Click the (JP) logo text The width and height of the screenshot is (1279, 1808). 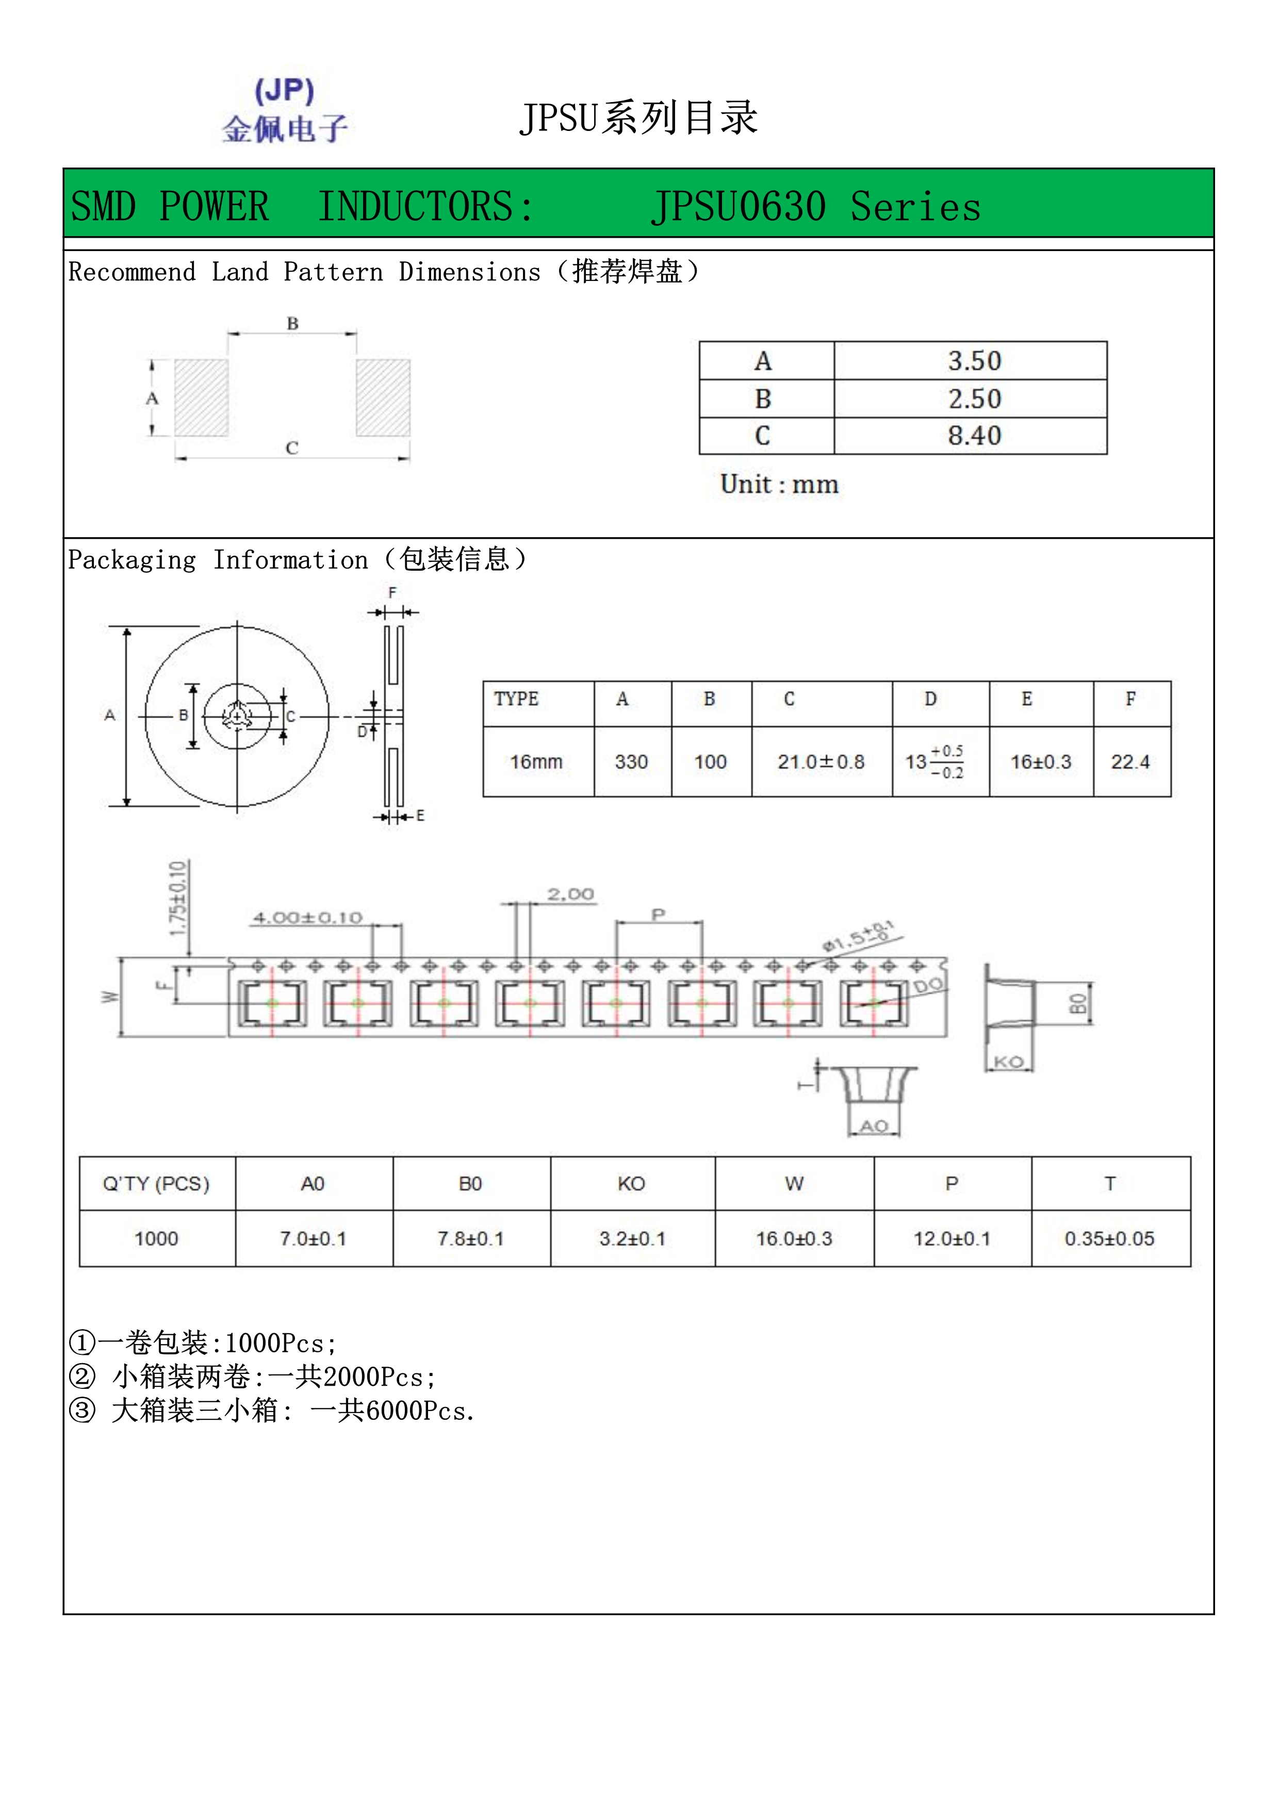(x=284, y=91)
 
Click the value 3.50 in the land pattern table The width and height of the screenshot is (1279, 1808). (x=974, y=361)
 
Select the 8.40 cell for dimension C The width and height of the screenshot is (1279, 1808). (x=974, y=436)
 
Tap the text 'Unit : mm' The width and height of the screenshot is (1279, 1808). (x=779, y=484)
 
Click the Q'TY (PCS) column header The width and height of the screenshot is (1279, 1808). (x=156, y=1184)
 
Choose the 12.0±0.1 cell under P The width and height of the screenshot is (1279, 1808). (x=952, y=1239)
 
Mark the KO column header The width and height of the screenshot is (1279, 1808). (x=632, y=1184)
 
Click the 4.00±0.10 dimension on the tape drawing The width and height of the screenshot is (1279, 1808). (x=307, y=917)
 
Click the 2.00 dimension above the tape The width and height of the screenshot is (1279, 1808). (x=571, y=894)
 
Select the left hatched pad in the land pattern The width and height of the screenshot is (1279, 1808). (x=202, y=397)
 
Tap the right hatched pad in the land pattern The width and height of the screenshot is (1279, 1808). (x=383, y=397)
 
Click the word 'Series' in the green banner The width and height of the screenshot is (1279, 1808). (x=916, y=207)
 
